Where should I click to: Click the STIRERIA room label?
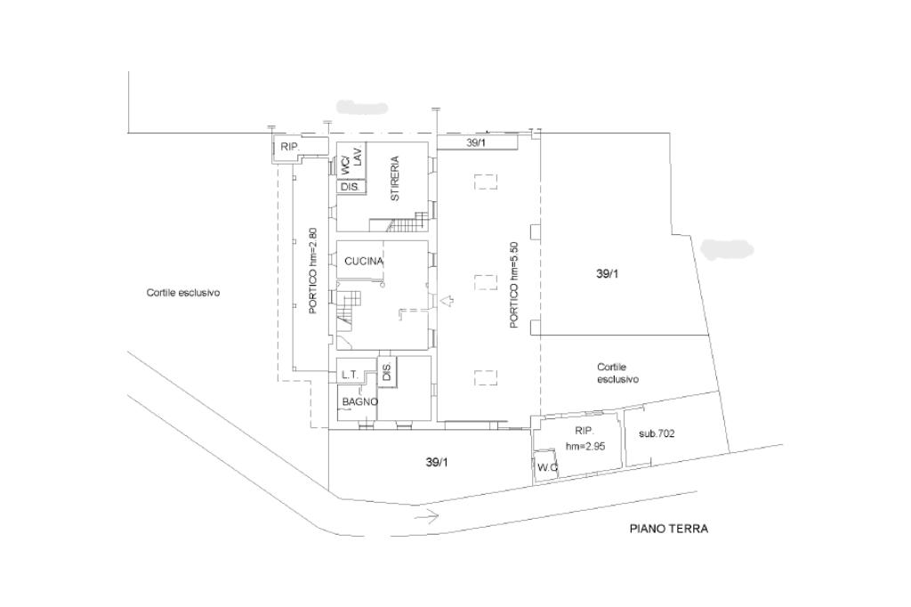point(395,179)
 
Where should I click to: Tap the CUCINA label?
point(364,261)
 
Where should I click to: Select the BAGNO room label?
point(360,401)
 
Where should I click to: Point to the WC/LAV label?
point(351,158)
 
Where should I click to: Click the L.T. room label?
point(351,376)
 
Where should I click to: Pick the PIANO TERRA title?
point(669,529)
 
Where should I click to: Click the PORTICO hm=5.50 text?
point(513,285)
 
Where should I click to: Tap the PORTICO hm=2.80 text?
point(313,271)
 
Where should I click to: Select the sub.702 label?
point(657,433)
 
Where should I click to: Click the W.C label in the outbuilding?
point(548,467)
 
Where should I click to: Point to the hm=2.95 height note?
point(585,447)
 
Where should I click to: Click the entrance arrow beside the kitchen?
point(447,301)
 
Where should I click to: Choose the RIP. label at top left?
point(289,147)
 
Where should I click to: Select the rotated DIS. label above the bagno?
point(387,370)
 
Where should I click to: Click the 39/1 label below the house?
point(437,463)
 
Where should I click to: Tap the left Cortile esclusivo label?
point(183,293)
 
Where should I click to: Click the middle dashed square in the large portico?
point(486,282)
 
